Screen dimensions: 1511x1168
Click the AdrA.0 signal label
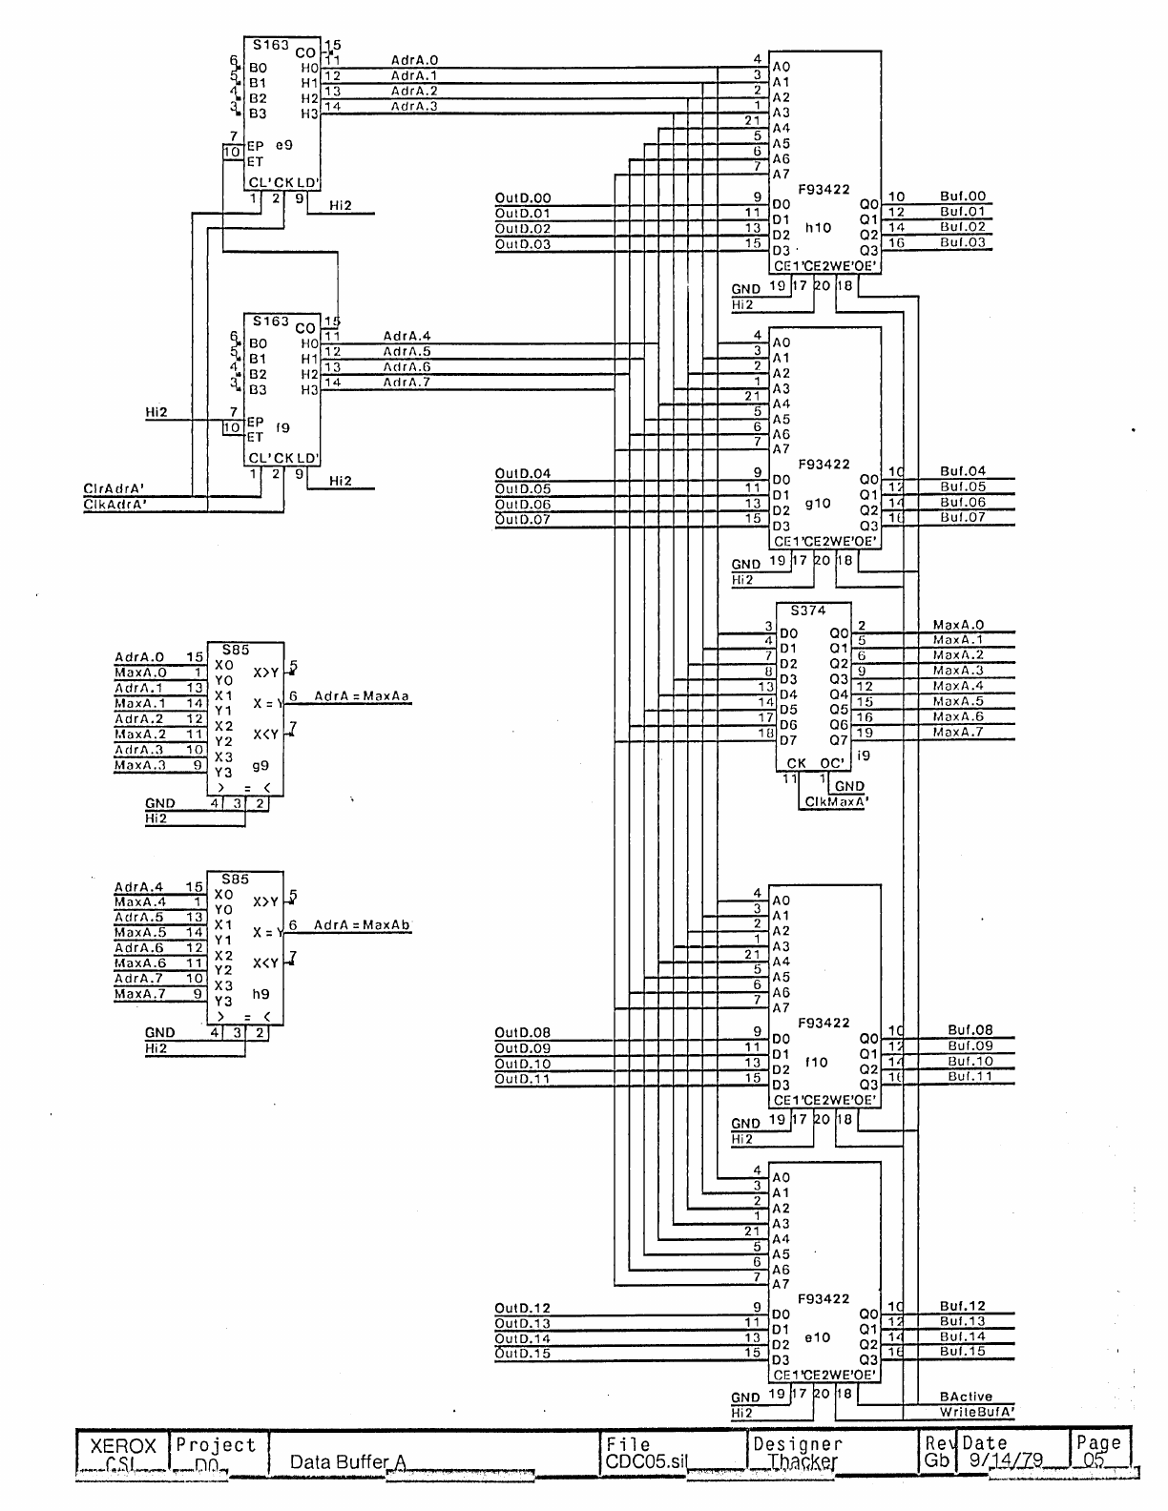click(414, 60)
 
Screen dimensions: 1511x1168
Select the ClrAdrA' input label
click(114, 488)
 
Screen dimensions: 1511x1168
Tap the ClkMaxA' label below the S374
click(835, 802)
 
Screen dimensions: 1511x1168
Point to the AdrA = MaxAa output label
click(362, 696)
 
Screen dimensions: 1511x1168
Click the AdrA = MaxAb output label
click(362, 925)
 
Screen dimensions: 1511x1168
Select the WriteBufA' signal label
click(976, 1412)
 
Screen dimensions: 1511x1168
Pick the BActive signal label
click(966, 1397)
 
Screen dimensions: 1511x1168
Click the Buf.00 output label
click(962, 197)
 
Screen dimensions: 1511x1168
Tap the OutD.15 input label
click(522, 1354)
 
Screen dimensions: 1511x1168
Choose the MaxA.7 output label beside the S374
click(957, 732)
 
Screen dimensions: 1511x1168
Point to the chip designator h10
click(818, 228)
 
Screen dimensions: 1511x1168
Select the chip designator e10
click(817, 1337)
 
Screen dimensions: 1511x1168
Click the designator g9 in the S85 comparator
click(261, 765)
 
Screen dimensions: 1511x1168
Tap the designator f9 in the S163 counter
click(283, 428)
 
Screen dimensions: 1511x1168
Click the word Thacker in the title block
click(803, 1461)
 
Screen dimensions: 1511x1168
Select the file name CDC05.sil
click(644, 1461)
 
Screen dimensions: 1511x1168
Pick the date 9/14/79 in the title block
click(1003, 1461)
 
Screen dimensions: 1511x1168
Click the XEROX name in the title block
click(122, 1446)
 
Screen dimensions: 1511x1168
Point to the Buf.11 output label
click(970, 1076)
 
